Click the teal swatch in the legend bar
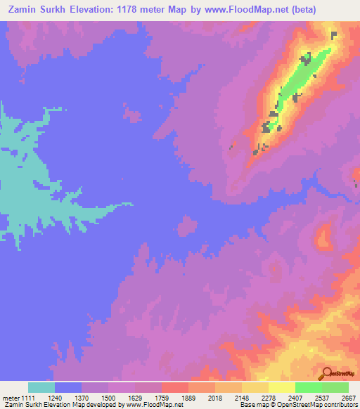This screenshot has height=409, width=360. pyautogui.click(x=41, y=387)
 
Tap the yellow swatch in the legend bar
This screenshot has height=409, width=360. pyautogui.click(x=281, y=387)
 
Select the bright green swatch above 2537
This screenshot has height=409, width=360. pyautogui.click(x=308, y=387)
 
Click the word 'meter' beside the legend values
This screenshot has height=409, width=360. pyautogui.click(x=9, y=397)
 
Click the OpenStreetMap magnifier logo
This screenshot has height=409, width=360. pyautogui.click(x=328, y=373)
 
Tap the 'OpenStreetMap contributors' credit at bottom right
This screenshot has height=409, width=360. pyautogui.click(x=323, y=405)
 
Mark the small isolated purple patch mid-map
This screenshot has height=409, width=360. pyautogui.click(x=187, y=226)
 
